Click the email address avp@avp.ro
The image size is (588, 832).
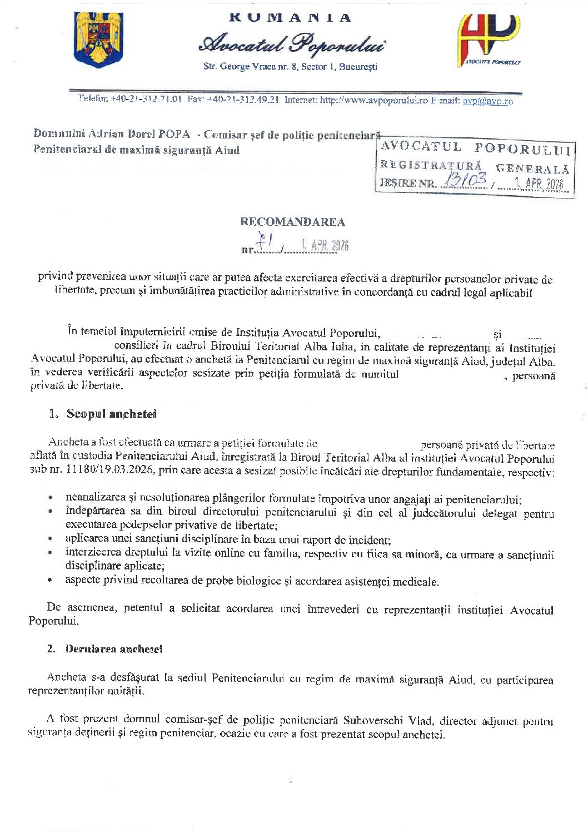point(487,101)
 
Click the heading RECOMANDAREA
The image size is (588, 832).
point(292,222)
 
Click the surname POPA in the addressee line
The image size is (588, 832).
point(174,134)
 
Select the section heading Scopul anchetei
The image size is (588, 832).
point(111,414)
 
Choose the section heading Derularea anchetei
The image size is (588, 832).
point(113,649)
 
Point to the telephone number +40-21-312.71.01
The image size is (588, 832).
point(146,99)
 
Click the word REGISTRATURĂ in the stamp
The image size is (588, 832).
point(431,165)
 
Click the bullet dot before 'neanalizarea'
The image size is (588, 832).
point(51,498)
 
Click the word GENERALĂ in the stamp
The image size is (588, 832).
point(532,169)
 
